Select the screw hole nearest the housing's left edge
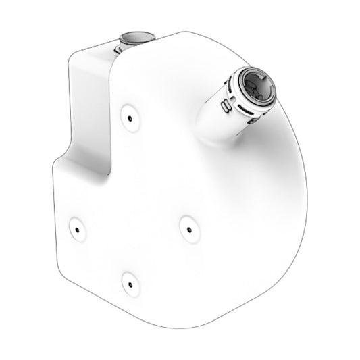pos(76,229)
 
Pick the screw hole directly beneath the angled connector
pos(188,229)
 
